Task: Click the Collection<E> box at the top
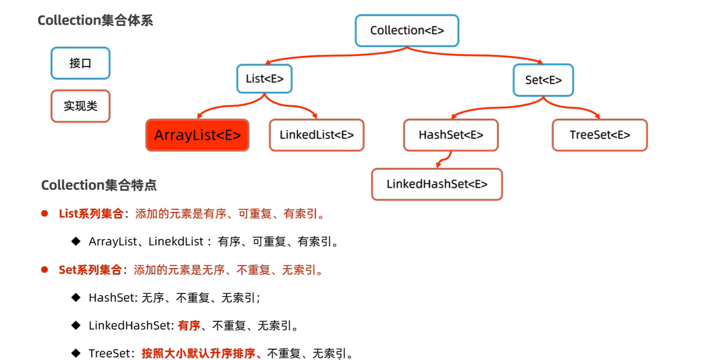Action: [x=407, y=30]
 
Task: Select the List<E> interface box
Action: [x=264, y=79]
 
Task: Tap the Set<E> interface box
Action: [x=543, y=80]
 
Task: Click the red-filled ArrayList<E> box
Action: [x=197, y=135]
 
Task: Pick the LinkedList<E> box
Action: [x=316, y=135]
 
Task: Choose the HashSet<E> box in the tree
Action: [x=451, y=135]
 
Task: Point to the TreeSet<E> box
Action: [x=599, y=135]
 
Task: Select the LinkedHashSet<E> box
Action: [x=437, y=184]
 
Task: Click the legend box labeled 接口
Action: [x=81, y=63]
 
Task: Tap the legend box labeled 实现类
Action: [x=81, y=106]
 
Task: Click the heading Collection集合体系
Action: [x=95, y=20]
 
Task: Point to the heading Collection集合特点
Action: [x=99, y=185]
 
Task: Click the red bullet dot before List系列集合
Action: [x=44, y=214]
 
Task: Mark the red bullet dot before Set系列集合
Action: [x=44, y=270]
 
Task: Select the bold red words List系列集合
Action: [x=91, y=214]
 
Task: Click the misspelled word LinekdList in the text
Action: [x=176, y=242]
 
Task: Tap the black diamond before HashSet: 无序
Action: [x=76, y=297]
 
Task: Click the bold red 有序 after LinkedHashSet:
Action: [x=189, y=326]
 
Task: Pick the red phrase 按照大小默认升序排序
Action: [x=198, y=353]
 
